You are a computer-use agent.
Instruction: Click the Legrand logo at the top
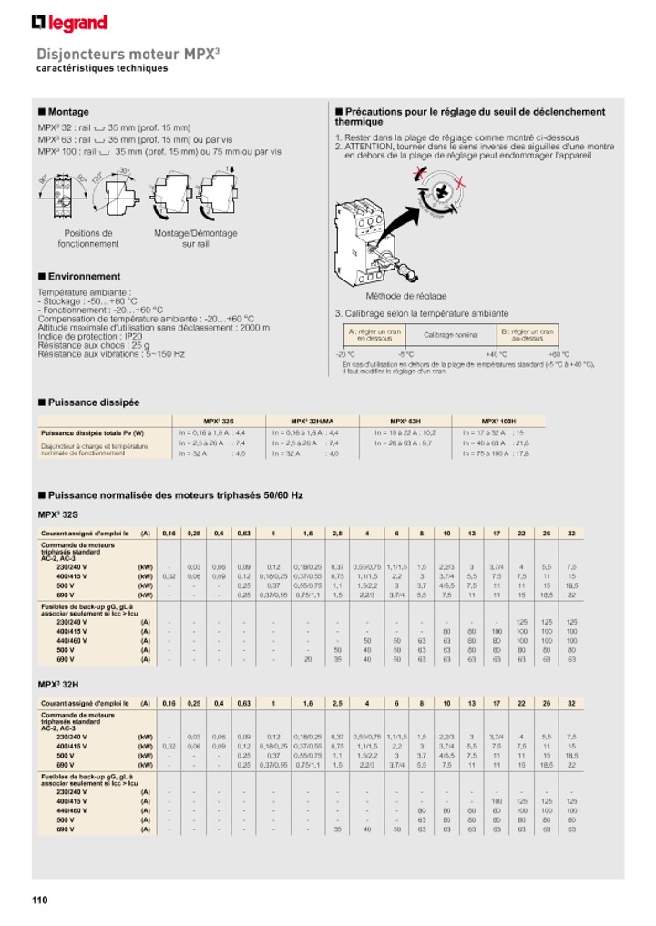coord(69,23)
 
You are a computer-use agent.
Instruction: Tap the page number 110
coord(39,901)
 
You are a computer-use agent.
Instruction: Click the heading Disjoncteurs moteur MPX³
coord(128,54)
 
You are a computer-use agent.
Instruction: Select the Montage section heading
coord(68,112)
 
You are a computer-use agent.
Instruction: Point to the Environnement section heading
coord(84,276)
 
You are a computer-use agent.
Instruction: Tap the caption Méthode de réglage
coord(406,296)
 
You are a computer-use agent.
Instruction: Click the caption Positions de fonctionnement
coord(88,239)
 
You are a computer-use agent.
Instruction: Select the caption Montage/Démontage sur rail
coord(195,239)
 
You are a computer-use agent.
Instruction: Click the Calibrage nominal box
coord(450,335)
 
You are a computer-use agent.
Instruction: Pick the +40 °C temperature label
coord(496,354)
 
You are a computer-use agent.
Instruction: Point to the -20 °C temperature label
coord(345,354)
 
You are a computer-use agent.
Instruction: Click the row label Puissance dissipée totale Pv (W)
coord(92,433)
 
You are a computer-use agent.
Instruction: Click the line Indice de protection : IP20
coord(82,336)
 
